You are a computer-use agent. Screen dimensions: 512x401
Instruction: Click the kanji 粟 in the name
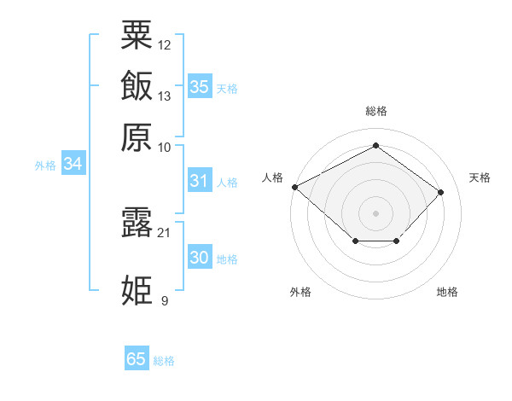pos(137,35)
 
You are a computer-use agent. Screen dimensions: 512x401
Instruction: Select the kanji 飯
pos(137,85)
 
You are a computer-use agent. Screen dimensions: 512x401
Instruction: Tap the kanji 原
pos(137,137)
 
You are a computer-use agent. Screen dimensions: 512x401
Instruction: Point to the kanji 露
pos(137,223)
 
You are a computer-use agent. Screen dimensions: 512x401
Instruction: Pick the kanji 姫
pos(137,290)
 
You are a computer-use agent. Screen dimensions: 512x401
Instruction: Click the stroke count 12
pos(164,45)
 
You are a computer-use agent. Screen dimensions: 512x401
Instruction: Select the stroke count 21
pos(164,233)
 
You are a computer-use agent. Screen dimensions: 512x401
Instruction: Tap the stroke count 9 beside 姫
pos(165,300)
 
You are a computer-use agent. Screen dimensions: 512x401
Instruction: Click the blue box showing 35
pos(200,86)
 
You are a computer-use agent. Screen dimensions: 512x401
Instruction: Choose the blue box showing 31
pos(200,180)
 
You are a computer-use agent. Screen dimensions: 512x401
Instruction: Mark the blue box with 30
pos(200,257)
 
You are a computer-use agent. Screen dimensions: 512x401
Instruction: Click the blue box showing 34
pos(73,163)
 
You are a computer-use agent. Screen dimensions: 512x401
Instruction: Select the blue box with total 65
pos(137,357)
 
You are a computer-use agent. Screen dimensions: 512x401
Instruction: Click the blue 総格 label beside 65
pos(164,361)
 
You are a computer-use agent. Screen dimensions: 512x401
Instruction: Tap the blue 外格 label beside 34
pos(45,166)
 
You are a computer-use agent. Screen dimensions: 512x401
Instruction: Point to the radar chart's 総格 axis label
pos(376,111)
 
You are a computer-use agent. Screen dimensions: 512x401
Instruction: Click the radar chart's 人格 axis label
pos(272,177)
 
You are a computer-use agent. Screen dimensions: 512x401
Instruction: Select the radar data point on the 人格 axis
pos(295,187)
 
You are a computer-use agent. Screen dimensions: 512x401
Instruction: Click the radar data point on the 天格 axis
pos(440,192)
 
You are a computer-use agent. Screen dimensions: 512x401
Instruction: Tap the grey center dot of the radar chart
pos(375,213)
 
